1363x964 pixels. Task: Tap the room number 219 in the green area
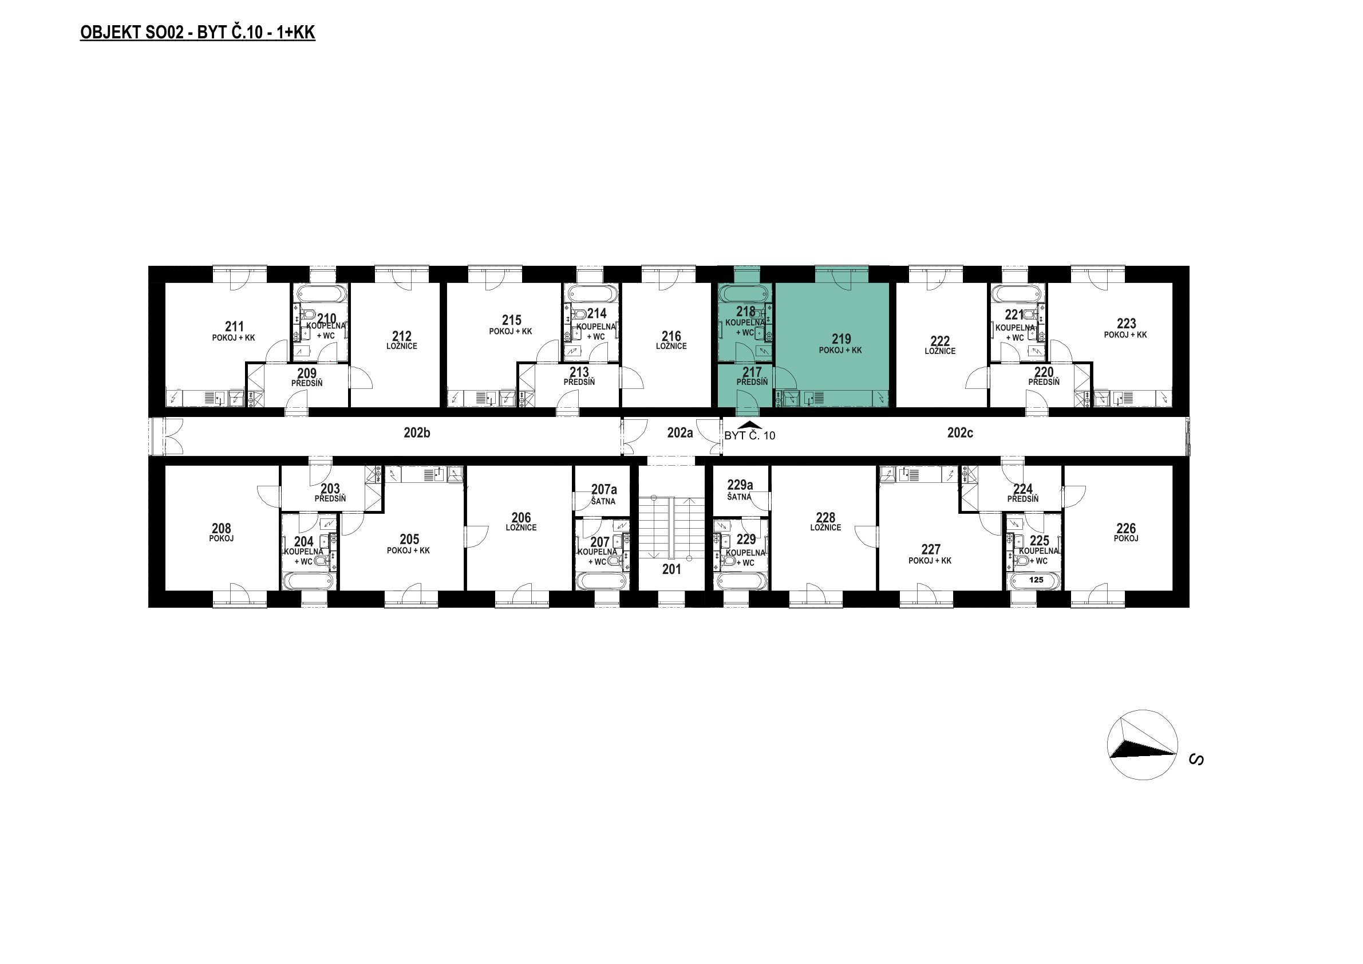pyautogui.click(x=841, y=339)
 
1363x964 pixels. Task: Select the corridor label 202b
pyautogui.click(x=417, y=433)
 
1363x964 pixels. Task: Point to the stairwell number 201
pyautogui.click(x=671, y=569)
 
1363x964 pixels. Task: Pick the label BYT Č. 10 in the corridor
pyautogui.click(x=750, y=435)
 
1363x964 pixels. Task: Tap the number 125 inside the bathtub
pyautogui.click(x=1036, y=580)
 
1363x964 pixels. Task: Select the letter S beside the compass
pyautogui.click(x=1197, y=760)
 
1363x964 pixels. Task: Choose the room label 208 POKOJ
pyautogui.click(x=222, y=532)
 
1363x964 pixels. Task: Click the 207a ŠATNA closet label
pyautogui.click(x=604, y=494)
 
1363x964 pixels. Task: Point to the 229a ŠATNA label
pyautogui.click(x=740, y=490)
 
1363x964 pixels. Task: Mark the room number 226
pyautogui.click(x=1126, y=528)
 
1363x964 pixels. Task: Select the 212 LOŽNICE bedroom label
pyautogui.click(x=402, y=340)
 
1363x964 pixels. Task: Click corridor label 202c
pyautogui.click(x=960, y=433)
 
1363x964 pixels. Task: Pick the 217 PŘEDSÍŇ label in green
pyautogui.click(x=752, y=376)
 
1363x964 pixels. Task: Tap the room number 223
pyautogui.click(x=1126, y=323)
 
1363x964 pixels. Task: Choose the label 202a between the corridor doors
pyautogui.click(x=679, y=433)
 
